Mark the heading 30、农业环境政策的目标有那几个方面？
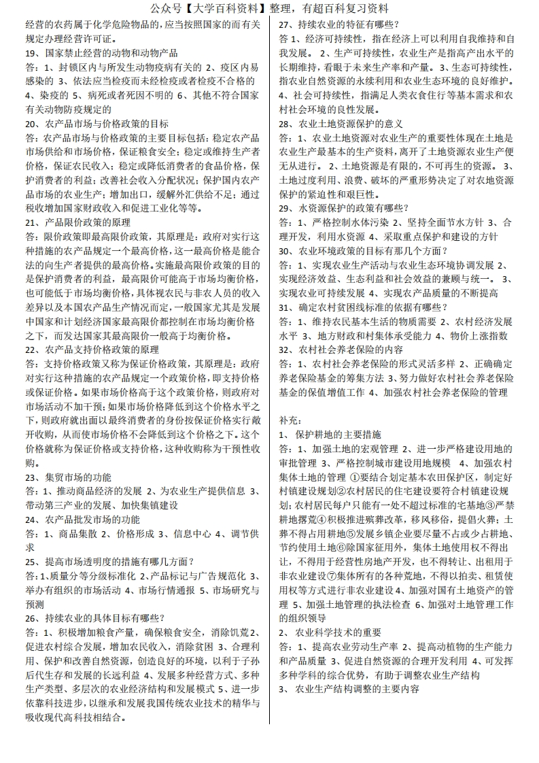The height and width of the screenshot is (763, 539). pyautogui.click(x=360, y=250)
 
